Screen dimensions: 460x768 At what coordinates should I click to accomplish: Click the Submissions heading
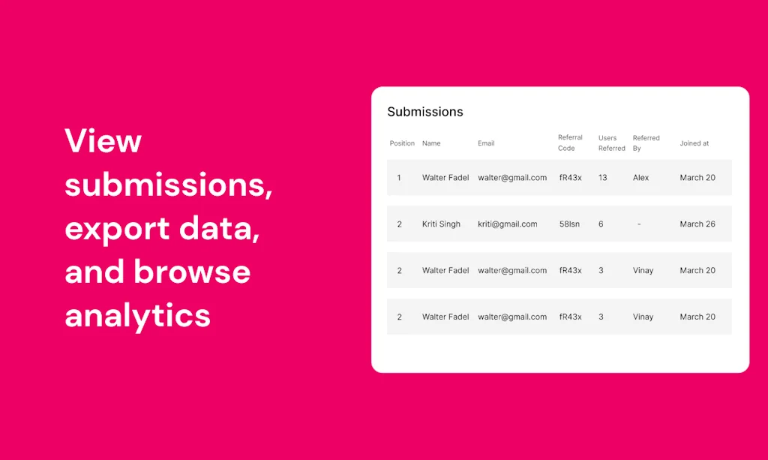click(424, 112)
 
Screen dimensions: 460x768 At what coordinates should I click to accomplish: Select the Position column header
click(402, 143)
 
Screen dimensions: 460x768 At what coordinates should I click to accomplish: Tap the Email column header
click(486, 143)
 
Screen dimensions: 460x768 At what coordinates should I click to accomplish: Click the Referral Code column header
click(570, 143)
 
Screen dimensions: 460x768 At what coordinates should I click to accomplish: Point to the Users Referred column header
click(611, 143)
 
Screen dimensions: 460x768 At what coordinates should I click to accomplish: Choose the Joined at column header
click(694, 143)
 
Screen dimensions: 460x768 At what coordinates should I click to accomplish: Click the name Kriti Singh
click(441, 224)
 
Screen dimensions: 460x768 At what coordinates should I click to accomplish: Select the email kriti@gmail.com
click(507, 224)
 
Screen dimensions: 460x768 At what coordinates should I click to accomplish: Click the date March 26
click(697, 224)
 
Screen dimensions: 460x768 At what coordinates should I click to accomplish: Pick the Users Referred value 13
click(602, 178)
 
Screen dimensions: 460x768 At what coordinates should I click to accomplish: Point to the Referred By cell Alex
click(640, 178)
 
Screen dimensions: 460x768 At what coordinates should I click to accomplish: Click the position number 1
click(399, 178)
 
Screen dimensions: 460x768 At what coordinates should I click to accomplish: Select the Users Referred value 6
click(601, 224)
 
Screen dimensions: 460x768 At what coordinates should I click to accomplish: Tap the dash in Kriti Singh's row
click(638, 224)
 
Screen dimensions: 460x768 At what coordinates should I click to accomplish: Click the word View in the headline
click(103, 141)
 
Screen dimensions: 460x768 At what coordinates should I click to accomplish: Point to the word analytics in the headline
click(137, 315)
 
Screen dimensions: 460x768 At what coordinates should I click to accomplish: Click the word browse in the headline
click(192, 271)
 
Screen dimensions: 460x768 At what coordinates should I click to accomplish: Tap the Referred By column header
click(646, 143)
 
